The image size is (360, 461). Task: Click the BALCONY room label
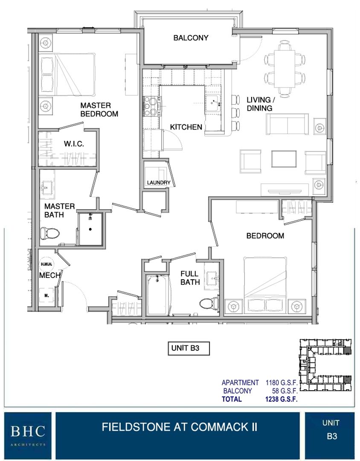click(191, 38)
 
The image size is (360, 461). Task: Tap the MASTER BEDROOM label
click(99, 109)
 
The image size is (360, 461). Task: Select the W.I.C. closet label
click(74, 144)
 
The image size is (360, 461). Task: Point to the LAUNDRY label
click(159, 183)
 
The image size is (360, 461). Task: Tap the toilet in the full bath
click(209, 303)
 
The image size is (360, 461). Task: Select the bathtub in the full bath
click(159, 295)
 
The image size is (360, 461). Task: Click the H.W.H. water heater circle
click(46, 264)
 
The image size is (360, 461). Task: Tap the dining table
click(285, 69)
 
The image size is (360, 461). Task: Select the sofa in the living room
click(287, 124)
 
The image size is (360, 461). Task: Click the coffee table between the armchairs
click(284, 159)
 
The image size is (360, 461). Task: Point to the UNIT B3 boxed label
click(189, 348)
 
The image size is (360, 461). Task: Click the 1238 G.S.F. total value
click(281, 399)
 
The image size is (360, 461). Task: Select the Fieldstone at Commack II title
click(180, 427)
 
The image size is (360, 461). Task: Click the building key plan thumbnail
click(325, 366)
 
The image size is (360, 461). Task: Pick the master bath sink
click(46, 188)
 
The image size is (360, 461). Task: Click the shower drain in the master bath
click(90, 229)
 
